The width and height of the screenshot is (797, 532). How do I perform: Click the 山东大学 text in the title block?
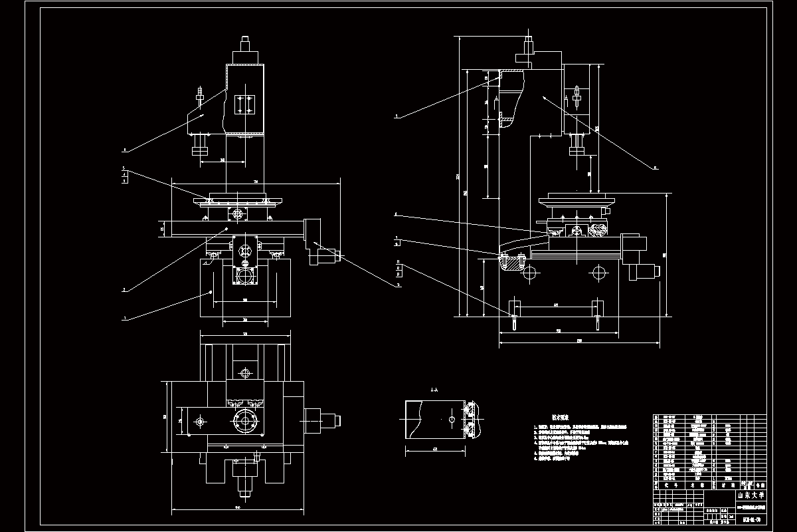click(x=751, y=495)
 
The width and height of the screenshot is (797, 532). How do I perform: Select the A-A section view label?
click(x=434, y=390)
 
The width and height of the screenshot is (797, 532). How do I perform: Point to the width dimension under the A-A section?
click(x=434, y=450)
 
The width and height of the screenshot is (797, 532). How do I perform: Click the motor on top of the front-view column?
click(x=244, y=51)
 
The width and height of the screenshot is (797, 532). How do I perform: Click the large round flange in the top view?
click(x=245, y=421)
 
